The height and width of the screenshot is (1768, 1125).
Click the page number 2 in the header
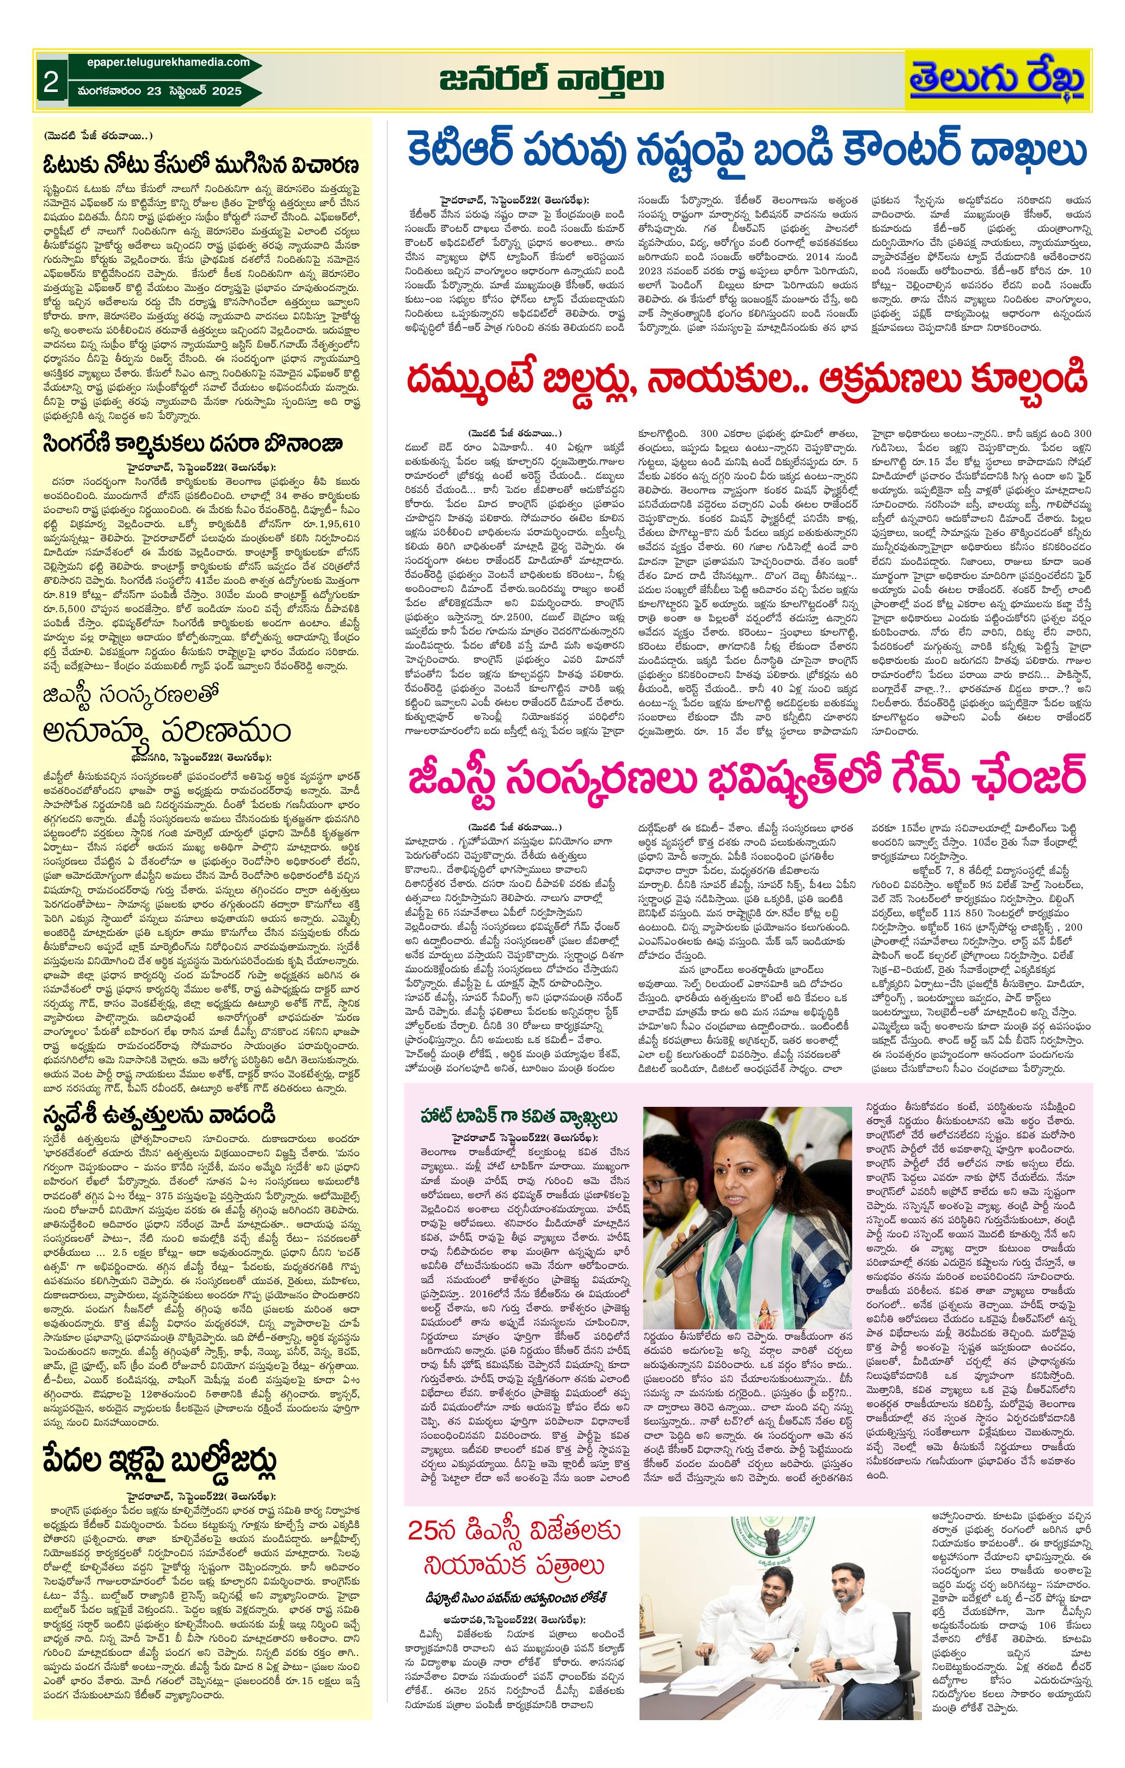(x=50, y=81)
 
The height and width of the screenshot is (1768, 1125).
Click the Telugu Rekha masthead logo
(x=997, y=80)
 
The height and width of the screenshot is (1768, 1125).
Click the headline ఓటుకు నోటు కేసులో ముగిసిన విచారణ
(x=200, y=164)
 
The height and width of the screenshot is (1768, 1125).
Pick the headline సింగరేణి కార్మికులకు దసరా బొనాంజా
(x=192, y=444)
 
